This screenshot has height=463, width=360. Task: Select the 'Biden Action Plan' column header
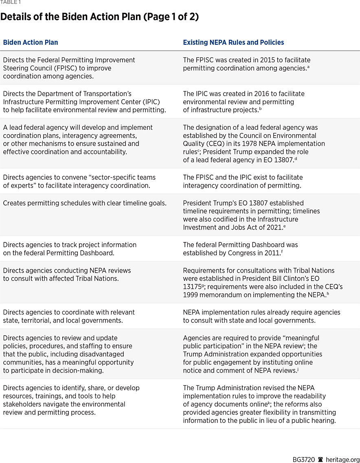[x=31, y=42]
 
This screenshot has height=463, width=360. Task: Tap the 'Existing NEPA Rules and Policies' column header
[x=233, y=42]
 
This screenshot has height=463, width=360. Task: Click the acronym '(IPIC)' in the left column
[x=151, y=102]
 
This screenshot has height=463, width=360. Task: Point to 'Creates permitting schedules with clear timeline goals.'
[x=85, y=203]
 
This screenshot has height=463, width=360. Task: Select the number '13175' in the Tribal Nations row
[x=192, y=287]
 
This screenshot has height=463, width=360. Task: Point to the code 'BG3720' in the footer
[x=304, y=460]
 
